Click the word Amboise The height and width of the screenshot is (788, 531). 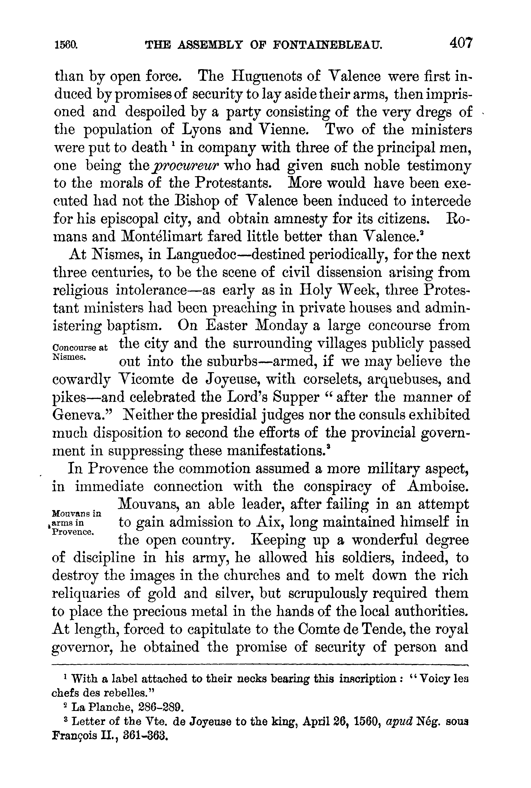[439, 487]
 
